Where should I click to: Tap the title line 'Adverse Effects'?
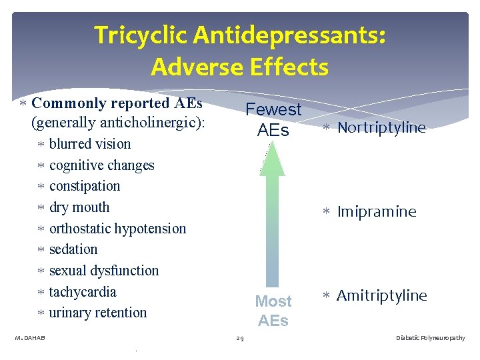click(x=239, y=67)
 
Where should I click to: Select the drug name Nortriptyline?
click(x=381, y=128)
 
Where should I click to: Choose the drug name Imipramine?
click(x=377, y=212)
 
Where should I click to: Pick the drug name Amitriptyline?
click(x=381, y=296)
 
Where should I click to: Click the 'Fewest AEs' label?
click(x=273, y=119)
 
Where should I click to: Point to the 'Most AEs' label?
click(x=273, y=311)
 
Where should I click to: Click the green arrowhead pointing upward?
click(x=272, y=161)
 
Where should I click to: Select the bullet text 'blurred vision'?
click(x=90, y=144)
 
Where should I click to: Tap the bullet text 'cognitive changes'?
click(x=101, y=165)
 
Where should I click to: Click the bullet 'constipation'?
click(x=85, y=186)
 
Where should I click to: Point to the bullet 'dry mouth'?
click(x=79, y=207)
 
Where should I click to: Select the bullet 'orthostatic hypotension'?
click(x=117, y=229)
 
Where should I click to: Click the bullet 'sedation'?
click(x=73, y=249)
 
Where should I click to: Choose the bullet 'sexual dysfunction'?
click(x=104, y=271)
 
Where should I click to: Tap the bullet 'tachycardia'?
click(x=83, y=292)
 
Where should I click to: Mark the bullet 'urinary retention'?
click(x=98, y=313)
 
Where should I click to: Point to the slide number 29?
click(x=240, y=339)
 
